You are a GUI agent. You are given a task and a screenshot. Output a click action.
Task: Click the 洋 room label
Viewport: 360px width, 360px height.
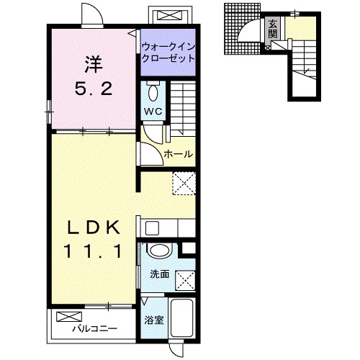(94, 65)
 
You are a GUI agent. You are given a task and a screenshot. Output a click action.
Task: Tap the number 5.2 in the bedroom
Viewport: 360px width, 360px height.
(94, 88)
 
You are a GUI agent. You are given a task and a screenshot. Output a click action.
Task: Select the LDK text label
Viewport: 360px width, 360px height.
(94, 228)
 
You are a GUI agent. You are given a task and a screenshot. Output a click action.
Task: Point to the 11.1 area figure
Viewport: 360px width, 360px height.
(93, 251)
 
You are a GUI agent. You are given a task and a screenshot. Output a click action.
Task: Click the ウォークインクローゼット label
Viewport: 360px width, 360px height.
(168, 52)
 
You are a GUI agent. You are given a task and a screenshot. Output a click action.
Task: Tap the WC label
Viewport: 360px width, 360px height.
(153, 111)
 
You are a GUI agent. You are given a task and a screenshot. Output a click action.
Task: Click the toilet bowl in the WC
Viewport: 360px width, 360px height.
(153, 92)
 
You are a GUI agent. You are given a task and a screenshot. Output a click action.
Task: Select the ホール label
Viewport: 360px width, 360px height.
(179, 154)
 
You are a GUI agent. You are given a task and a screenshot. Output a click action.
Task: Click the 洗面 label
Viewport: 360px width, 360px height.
(160, 274)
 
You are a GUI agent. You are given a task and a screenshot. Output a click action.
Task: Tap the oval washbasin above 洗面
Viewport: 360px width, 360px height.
(160, 251)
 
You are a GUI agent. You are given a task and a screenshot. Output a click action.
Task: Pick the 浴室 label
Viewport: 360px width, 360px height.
(154, 320)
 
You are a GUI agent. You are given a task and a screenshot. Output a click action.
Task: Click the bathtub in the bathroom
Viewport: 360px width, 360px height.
(182, 318)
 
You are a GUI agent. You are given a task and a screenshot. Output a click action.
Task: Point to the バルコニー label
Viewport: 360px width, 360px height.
(95, 328)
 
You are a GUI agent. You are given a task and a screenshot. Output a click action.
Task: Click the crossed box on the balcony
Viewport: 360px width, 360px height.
(69, 317)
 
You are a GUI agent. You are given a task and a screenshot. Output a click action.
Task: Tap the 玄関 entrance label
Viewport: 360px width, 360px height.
(273, 30)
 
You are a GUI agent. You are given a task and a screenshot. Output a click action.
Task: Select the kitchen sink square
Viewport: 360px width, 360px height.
(152, 228)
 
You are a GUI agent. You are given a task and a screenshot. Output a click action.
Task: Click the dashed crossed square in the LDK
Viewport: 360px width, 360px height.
(184, 183)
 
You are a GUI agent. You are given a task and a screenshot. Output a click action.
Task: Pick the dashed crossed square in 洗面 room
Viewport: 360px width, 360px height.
(186, 280)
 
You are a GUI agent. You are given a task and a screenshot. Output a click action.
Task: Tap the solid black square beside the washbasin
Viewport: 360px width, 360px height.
(189, 248)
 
